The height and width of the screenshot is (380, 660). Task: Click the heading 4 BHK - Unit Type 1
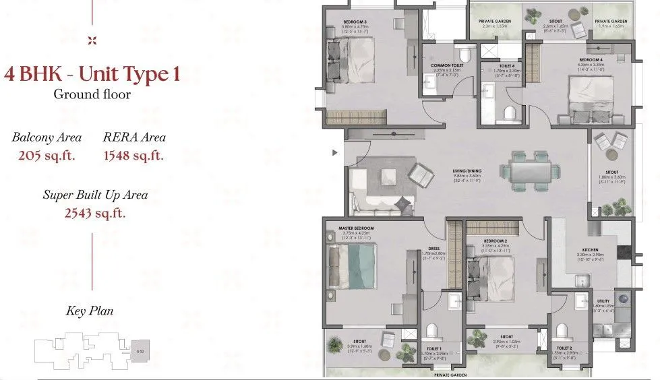92,73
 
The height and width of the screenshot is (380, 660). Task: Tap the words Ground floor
92,94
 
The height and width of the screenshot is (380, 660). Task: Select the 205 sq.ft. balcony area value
47,156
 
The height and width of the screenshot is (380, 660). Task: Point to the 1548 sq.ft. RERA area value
134,156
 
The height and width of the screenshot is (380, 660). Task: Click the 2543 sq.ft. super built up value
95,214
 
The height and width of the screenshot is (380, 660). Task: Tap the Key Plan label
90,311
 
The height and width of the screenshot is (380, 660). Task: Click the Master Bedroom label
356,228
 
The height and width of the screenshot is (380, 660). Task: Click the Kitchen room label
590,250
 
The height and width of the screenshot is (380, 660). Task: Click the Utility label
603,300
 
